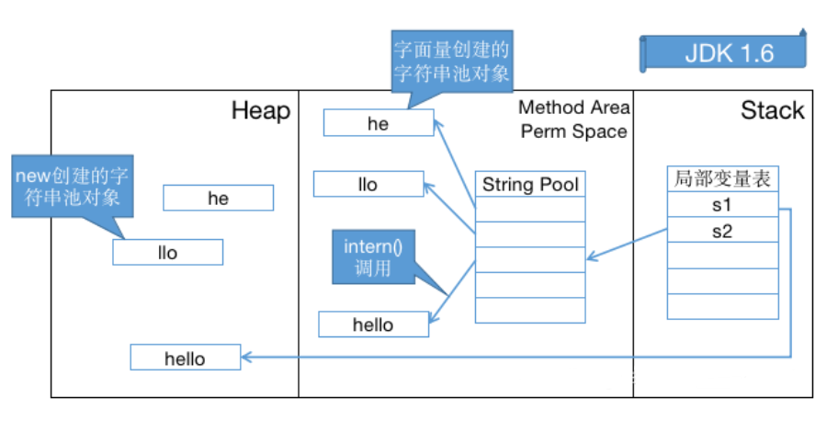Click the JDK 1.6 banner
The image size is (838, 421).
(x=725, y=52)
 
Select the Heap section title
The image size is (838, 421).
(x=260, y=111)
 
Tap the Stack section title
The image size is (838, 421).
(x=772, y=111)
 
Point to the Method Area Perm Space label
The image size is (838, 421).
(x=573, y=120)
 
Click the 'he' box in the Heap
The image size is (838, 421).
(x=218, y=199)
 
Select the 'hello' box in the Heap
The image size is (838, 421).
(x=185, y=358)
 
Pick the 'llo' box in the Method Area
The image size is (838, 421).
(x=368, y=185)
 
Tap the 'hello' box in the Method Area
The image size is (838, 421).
(x=373, y=324)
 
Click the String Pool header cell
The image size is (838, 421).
(x=530, y=185)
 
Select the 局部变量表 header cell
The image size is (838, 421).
(x=722, y=179)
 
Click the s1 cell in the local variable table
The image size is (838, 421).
(x=722, y=205)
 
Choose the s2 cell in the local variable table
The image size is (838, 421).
(x=722, y=231)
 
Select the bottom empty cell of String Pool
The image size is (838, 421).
(x=530, y=311)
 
